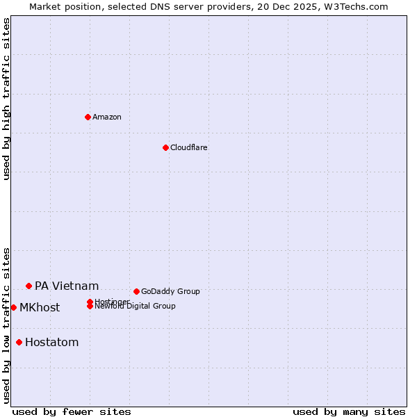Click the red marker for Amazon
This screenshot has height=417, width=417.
point(88,117)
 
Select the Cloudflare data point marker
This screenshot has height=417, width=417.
point(165,147)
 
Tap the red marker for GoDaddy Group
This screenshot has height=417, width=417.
point(136,291)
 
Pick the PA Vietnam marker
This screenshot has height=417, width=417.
point(28,286)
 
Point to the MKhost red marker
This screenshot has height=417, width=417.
point(13,307)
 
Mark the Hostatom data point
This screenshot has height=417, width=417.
point(19,342)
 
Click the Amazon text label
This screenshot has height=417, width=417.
point(107,117)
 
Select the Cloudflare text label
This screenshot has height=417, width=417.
point(189,147)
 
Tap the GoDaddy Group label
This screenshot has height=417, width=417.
point(170,291)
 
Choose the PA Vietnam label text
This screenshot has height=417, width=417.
point(67,286)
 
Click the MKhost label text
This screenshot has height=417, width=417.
point(40,307)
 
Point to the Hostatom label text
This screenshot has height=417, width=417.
point(51,342)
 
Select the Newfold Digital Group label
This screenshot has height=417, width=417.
point(135,306)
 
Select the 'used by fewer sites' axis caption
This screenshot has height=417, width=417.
point(72,412)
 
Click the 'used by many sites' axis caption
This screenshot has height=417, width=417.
point(349,412)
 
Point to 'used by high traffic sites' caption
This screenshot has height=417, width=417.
point(6,99)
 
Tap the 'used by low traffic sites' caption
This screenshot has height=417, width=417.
point(6,325)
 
